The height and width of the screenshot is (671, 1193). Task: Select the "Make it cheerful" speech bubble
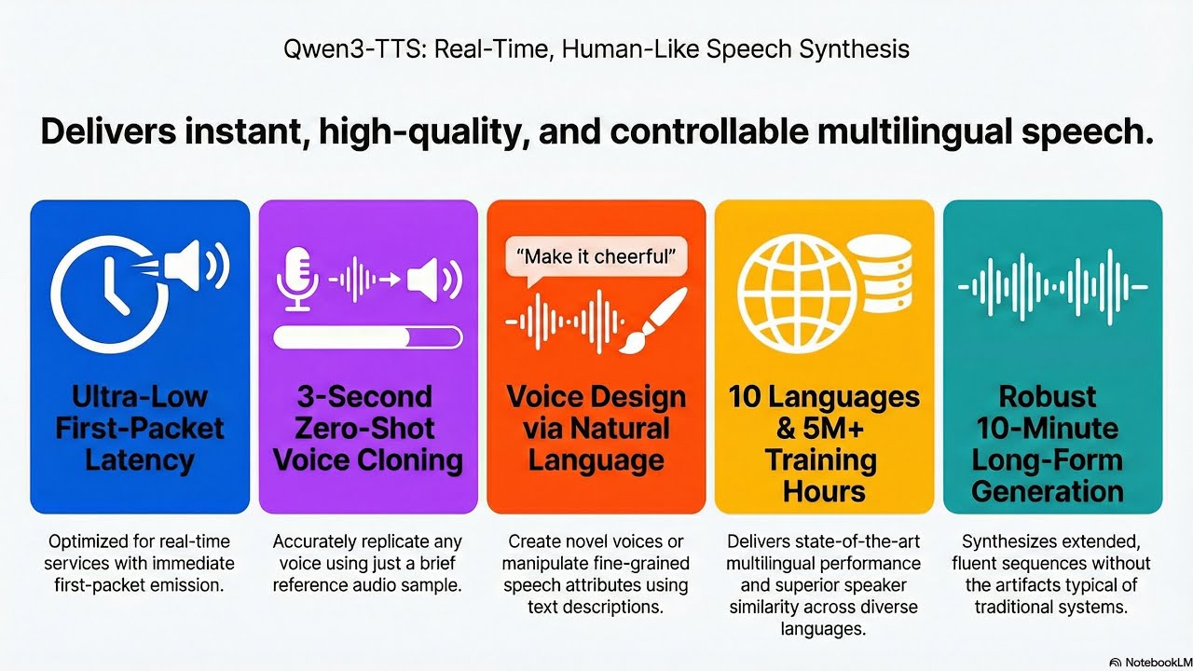click(596, 255)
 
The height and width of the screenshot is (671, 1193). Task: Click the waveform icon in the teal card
click(1052, 287)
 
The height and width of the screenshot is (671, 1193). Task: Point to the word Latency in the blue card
click(140, 459)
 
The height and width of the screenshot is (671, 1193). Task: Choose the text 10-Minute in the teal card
click(1047, 428)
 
